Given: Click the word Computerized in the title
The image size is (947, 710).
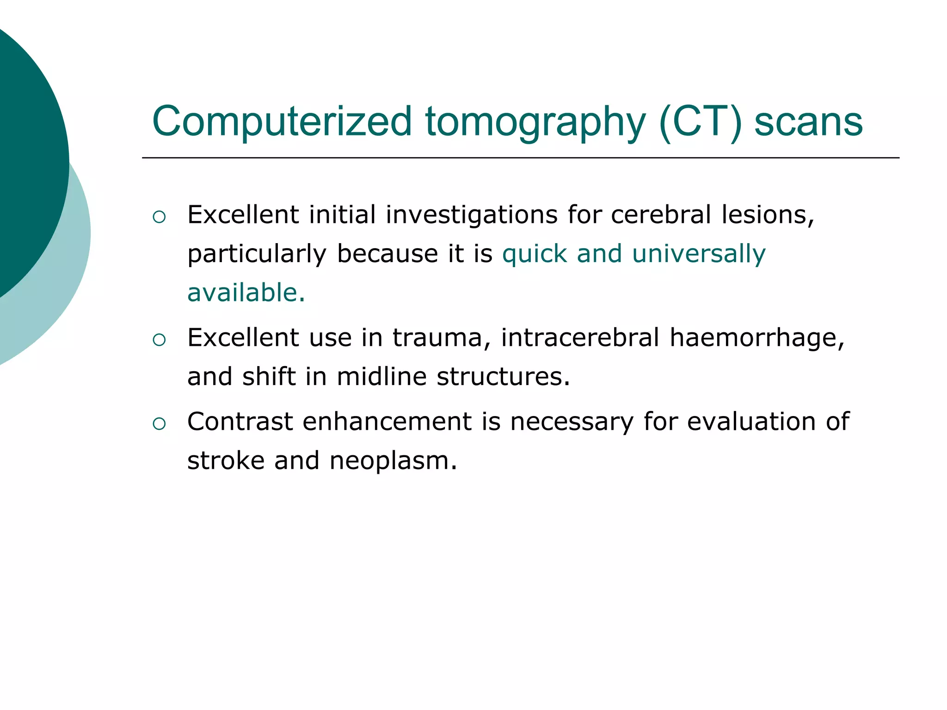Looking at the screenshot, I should coord(282,122).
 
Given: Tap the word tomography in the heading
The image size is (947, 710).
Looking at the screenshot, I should coord(535,122).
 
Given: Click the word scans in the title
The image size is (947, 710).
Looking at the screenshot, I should coord(808,122).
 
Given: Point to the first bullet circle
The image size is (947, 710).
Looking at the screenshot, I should coord(159,217).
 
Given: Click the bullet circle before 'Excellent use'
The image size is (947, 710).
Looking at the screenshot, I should coord(159,340).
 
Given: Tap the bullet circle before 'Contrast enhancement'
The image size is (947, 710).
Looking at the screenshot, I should coord(159,423).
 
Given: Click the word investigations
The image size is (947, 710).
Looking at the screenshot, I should coord(472,215).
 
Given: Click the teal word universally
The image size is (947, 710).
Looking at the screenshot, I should coord(699,254).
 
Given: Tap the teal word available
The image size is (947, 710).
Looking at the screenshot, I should coord(246,293).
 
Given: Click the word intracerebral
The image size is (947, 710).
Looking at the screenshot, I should coord(580,337).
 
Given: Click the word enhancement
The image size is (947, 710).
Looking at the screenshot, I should coord(387,422).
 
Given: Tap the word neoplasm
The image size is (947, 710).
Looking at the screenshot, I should coord(393,460).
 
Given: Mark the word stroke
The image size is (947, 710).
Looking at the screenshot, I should coord(225,460).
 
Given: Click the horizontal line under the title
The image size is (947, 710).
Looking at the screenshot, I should coord(520,158).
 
